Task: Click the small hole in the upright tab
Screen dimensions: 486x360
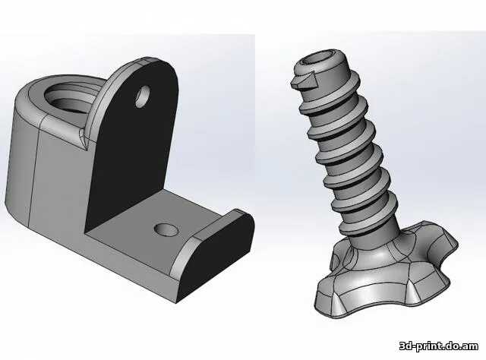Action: [143, 96]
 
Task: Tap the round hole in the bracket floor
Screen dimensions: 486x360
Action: [166, 229]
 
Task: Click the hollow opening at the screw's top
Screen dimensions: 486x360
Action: [320, 59]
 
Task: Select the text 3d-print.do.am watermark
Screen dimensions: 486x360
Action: [439, 346]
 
